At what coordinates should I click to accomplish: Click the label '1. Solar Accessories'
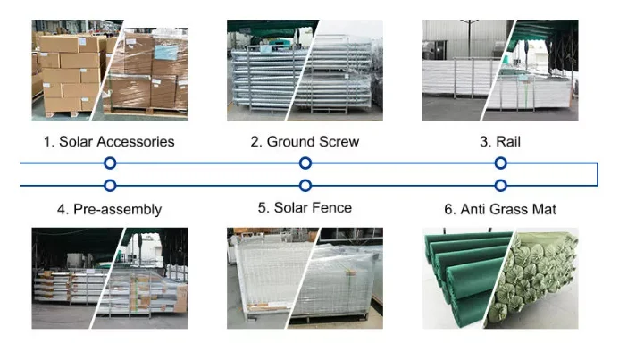[109, 141]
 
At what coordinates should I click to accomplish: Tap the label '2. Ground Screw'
[305, 141]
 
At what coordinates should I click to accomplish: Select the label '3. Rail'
[500, 141]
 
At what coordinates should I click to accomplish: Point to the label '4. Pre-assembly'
[109, 209]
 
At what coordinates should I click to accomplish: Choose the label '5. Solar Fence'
[305, 208]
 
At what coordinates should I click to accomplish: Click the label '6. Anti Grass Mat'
[500, 209]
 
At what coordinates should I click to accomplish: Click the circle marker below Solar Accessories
[110, 163]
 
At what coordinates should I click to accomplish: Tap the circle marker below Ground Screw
[305, 163]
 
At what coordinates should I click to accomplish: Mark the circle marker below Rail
[501, 163]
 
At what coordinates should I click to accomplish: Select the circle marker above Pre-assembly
[110, 186]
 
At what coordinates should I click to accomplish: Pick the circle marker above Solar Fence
[305, 186]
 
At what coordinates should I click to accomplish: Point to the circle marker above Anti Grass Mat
[501, 186]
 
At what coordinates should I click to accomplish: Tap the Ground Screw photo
[305, 71]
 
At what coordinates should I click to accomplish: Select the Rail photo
[500, 71]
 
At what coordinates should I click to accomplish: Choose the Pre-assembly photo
[109, 278]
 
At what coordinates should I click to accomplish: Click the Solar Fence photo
[305, 278]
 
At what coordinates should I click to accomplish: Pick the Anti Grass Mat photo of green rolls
[500, 278]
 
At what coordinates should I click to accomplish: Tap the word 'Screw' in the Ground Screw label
[338, 141]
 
